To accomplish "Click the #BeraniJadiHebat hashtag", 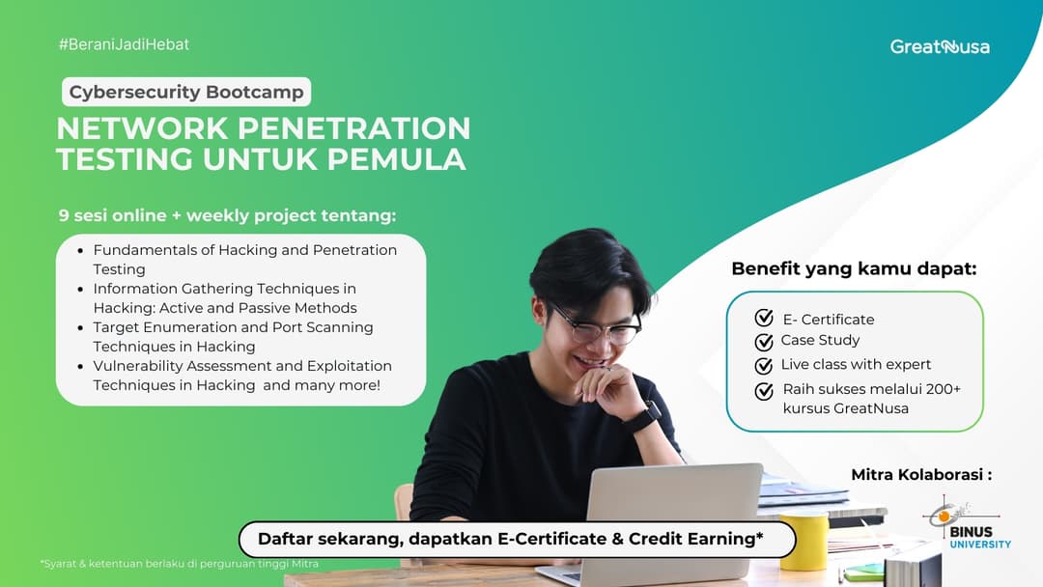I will point(124,44).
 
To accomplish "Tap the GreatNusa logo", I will point(940,46).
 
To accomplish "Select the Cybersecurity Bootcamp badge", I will point(186,93).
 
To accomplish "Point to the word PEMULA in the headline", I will point(397,159).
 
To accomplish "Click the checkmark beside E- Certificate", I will point(764,318).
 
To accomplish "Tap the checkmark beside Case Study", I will point(764,341).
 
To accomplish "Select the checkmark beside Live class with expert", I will point(764,365).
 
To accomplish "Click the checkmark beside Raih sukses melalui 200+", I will point(764,390).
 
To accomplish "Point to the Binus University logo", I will point(967,525).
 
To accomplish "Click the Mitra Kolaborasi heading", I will point(921,475).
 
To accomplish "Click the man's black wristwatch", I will point(642,417).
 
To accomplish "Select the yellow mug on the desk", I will point(803,542).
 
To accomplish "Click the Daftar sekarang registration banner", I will point(517,539).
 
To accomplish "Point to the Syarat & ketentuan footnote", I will point(180,564).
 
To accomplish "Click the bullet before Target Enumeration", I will point(82,328).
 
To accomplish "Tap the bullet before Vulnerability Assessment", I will point(82,367).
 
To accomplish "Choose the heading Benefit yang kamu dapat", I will point(854,269).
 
